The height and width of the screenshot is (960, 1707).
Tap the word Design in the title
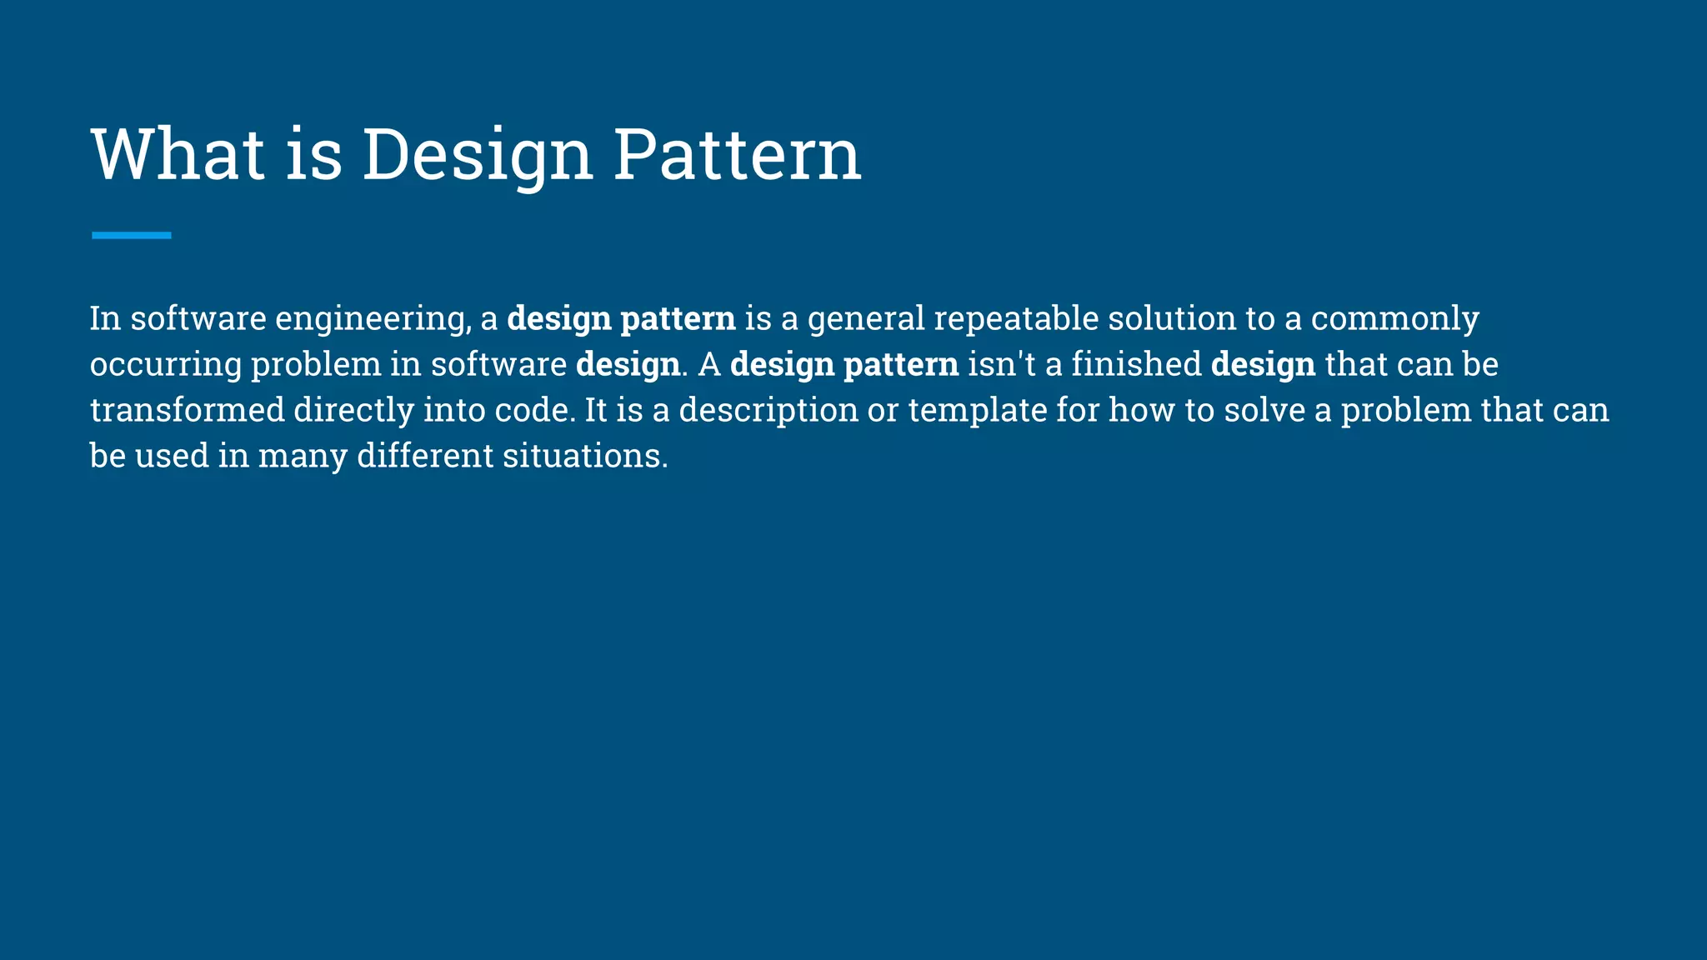(x=477, y=156)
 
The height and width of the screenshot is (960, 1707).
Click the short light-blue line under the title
(x=132, y=236)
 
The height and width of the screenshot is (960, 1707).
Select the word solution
(x=1172, y=318)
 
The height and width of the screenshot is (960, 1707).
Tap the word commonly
(x=1394, y=319)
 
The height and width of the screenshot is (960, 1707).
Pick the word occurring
(x=166, y=365)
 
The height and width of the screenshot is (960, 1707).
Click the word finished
(x=1136, y=364)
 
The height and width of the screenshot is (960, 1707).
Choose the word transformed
(x=188, y=410)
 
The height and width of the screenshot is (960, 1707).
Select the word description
(x=768, y=411)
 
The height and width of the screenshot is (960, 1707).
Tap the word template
(x=978, y=411)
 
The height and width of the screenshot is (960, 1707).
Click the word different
(x=425, y=456)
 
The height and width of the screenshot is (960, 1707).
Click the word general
(x=866, y=319)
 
